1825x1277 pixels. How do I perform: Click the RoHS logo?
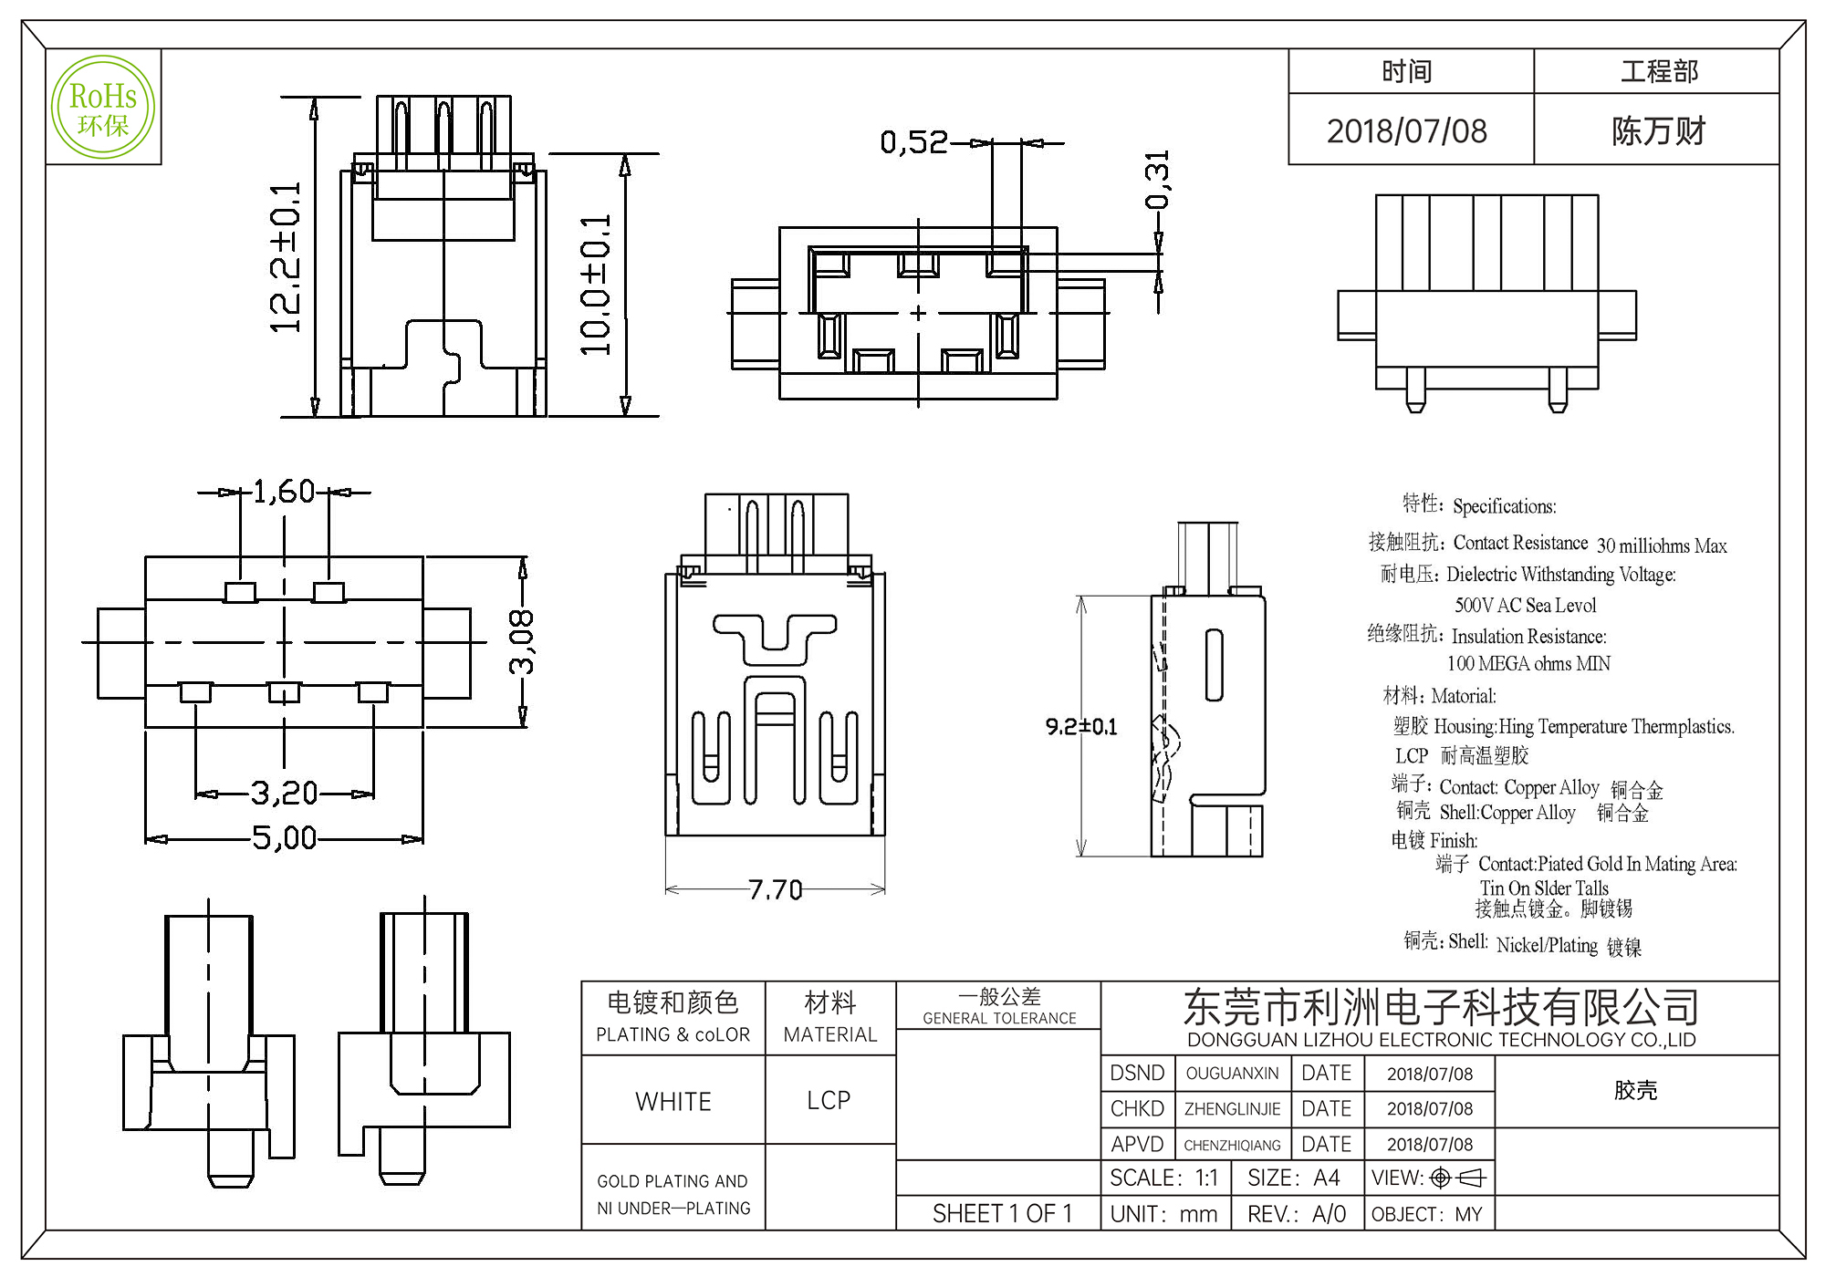(x=103, y=108)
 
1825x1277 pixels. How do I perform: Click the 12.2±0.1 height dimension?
(x=285, y=258)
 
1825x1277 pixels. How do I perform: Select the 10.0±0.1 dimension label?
(x=595, y=285)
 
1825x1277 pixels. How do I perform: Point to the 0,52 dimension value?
(x=913, y=142)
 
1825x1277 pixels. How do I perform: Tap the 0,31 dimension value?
(x=1157, y=180)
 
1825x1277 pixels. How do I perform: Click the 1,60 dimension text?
(x=284, y=493)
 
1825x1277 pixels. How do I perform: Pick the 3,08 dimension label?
(x=521, y=642)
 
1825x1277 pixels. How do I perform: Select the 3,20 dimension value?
(x=284, y=794)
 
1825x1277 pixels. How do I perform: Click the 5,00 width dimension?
(x=284, y=838)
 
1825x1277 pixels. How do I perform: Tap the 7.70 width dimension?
(x=775, y=889)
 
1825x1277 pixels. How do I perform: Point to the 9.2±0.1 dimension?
(x=1081, y=727)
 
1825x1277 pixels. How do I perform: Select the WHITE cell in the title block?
(x=673, y=1102)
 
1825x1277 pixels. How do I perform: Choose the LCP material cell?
(x=829, y=1101)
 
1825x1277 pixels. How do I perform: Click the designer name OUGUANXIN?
(x=1232, y=1074)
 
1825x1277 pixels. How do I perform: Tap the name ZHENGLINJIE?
(x=1232, y=1109)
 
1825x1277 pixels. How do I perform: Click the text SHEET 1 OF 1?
(x=1002, y=1214)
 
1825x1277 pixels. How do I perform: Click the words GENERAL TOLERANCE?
(x=999, y=1019)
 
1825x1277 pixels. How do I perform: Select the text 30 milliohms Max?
(x=1661, y=545)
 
